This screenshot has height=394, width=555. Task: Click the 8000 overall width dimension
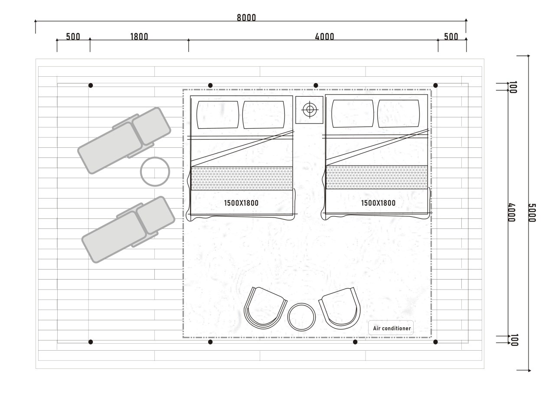[x=246, y=18]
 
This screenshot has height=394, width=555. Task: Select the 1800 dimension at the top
[x=139, y=37]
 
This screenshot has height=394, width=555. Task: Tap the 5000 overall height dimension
[x=532, y=213]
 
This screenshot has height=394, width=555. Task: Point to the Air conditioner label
[x=392, y=329]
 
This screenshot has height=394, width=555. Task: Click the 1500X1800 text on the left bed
[x=242, y=203]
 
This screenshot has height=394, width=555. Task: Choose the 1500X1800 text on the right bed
[x=379, y=203]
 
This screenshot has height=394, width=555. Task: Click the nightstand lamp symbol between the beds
[x=310, y=109]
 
